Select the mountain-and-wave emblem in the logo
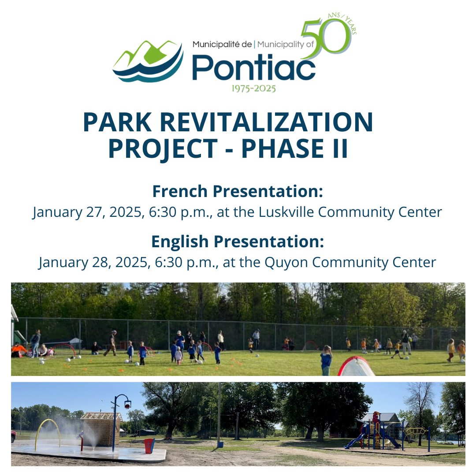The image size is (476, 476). (148, 61)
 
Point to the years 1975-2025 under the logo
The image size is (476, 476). (253, 89)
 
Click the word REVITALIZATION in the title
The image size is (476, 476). (266, 122)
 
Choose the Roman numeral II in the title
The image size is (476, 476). (340, 149)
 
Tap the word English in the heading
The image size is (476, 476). (180, 242)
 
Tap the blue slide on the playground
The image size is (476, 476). (354, 442)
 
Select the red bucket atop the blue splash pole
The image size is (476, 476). (127, 405)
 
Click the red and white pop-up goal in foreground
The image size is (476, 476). (356, 366)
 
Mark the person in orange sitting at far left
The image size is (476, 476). (18, 350)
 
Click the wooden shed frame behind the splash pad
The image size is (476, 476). (100, 428)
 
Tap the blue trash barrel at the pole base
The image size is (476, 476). (220, 444)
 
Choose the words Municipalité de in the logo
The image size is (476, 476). (222, 45)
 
